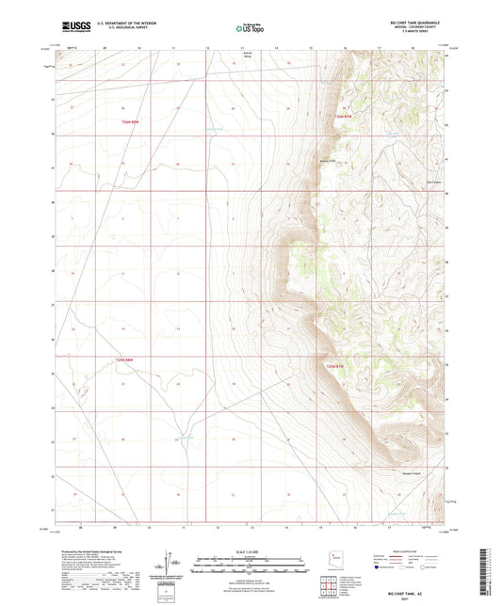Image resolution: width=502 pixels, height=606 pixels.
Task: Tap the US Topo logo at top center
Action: [249, 29]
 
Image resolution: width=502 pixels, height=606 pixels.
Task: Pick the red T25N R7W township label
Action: [338, 365]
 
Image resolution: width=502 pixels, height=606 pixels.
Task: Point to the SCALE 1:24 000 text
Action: [250, 550]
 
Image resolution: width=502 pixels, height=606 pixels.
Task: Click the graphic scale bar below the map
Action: [250, 565]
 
